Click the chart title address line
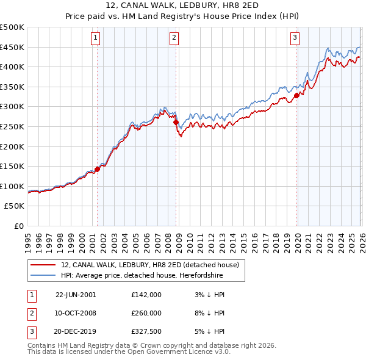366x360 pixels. tap(182, 5)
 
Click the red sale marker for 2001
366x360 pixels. tap(97, 170)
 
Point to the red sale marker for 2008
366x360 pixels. tap(176, 122)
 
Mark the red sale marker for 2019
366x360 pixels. tap(296, 95)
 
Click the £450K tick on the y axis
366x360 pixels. tap(12, 47)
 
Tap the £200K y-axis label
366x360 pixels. tap(12, 146)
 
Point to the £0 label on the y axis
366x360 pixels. tap(18, 226)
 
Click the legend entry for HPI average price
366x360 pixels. tap(142, 276)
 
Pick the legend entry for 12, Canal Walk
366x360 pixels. tap(153, 265)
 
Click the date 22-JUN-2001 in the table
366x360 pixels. tap(76, 294)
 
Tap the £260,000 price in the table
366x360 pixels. tap(146, 312)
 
